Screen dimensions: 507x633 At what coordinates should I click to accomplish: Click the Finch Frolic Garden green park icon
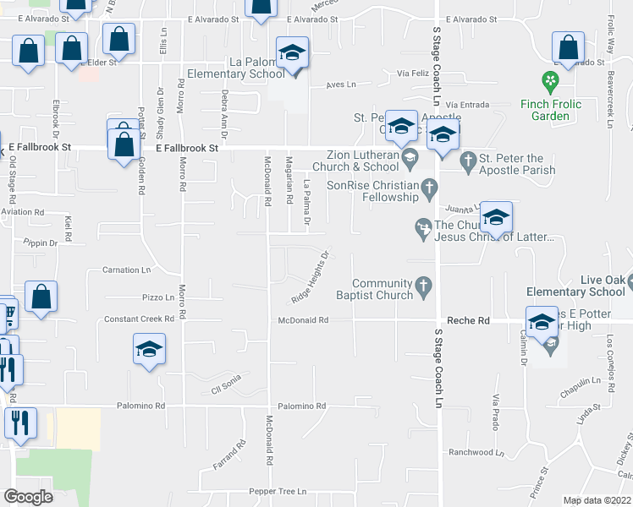click(x=551, y=81)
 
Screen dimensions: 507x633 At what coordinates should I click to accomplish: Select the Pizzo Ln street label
click(x=157, y=297)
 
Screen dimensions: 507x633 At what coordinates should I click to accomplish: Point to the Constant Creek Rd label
click(x=139, y=319)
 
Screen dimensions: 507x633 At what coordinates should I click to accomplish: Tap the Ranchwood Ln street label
click(x=476, y=452)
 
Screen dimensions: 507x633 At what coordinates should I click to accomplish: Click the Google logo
click(x=28, y=497)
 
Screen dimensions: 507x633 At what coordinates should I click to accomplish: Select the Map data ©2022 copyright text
click(x=597, y=500)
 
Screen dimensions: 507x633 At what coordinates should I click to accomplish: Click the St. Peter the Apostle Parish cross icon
click(x=468, y=158)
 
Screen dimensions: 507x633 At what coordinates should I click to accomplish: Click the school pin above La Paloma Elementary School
click(x=293, y=54)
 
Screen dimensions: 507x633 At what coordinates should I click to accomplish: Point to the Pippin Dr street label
click(x=41, y=243)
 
